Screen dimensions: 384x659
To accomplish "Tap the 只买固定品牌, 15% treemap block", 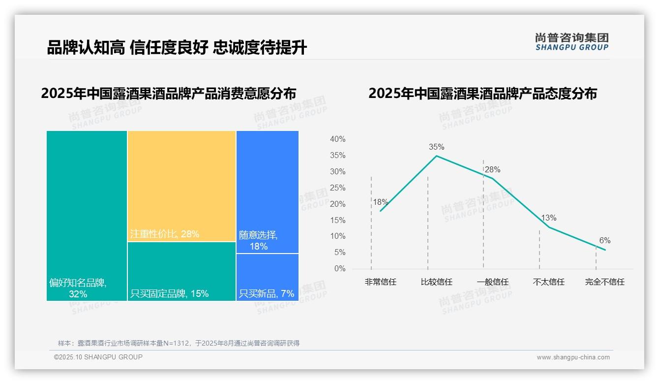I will click(x=181, y=271).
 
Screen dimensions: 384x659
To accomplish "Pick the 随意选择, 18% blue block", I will click(x=267, y=192).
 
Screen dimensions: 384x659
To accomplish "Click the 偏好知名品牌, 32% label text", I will click(x=78, y=288).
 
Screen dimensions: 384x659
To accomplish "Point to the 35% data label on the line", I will click(x=436, y=147).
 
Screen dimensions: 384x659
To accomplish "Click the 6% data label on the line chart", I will click(x=604, y=240).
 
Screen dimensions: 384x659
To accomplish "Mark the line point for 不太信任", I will click(x=549, y=227).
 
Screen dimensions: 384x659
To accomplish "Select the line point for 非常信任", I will click(x=381, y=211).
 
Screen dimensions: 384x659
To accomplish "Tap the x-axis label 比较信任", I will click(x=436, y=282).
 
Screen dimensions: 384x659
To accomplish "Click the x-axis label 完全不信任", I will click(x=604, y=282).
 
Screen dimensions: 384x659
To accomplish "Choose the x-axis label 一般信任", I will click(x=492, y=282).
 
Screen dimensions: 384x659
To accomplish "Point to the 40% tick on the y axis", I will click(x=337, y=139).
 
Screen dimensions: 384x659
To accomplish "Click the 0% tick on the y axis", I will click(x=340, y=269).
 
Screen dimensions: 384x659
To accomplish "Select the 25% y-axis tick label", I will click(x=337, y=188).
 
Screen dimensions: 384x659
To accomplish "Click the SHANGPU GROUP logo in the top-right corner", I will click(x=571, y=41).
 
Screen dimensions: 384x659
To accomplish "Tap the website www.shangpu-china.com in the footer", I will click(x=573, y=357).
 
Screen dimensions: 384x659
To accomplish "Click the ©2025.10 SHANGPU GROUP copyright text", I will click(x=98, y=357).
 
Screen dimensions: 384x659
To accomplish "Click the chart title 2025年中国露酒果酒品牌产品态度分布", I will click(x=482, y=94).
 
